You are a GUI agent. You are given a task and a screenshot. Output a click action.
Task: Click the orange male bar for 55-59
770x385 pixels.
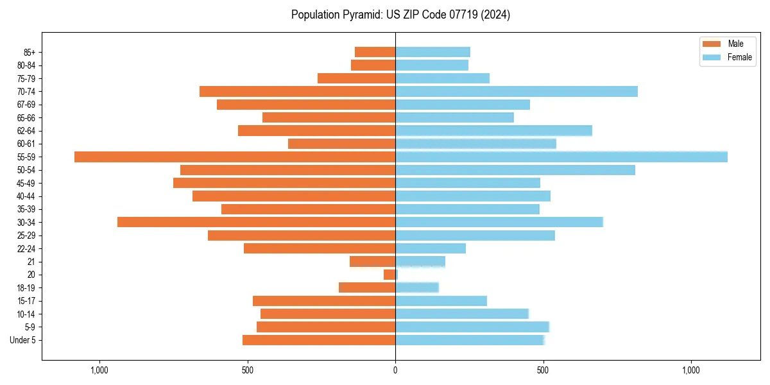234,157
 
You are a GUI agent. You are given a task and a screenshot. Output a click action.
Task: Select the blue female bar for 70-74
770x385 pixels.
517,91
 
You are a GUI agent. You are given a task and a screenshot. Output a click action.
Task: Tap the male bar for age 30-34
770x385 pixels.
256,222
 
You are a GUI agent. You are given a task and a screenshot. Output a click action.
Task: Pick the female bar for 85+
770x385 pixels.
432,52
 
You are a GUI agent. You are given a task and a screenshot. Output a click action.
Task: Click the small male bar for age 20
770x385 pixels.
389,275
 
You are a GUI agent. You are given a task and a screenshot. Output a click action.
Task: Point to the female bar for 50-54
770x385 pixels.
515,170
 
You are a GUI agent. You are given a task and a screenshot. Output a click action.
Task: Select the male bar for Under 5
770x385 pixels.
319,340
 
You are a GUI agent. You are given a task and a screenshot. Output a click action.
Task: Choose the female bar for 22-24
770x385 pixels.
431,248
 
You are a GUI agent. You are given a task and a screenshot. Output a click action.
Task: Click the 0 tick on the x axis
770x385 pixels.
395,370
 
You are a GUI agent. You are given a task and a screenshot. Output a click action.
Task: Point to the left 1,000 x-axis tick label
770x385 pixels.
99,370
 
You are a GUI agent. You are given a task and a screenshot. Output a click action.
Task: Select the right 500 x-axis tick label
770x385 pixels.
543,370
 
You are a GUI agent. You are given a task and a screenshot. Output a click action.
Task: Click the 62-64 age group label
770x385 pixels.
26,131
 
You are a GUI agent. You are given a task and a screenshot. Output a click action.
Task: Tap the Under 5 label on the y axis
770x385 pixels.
22,340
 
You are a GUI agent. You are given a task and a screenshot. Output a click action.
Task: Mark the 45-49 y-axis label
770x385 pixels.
26,183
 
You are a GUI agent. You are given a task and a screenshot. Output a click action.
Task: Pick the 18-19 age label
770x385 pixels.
26,288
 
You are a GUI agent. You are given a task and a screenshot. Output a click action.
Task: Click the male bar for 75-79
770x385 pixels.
356,78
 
